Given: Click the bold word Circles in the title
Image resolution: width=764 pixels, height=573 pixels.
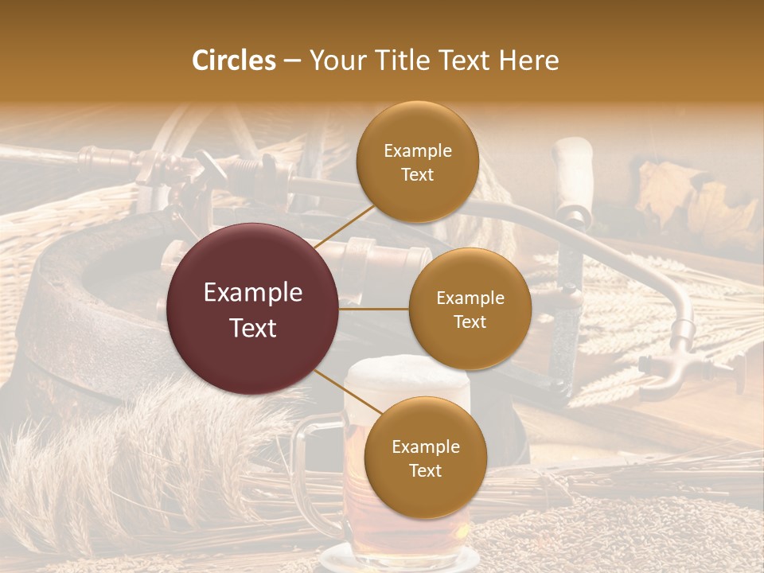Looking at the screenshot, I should point(234,60).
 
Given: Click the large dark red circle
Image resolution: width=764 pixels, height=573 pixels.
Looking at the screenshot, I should point(253,310).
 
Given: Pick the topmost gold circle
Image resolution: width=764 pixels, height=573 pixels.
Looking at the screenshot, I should point(417,162).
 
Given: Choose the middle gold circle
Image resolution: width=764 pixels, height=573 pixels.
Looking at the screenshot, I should point(470,310).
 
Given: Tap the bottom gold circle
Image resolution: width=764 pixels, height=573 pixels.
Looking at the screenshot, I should point(425,458).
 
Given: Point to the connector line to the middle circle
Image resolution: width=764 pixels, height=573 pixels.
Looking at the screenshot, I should point(374,309).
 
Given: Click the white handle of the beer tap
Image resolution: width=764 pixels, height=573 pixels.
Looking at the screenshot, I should point(574,171).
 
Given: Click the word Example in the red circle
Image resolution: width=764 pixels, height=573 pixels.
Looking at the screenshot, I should point(253,293).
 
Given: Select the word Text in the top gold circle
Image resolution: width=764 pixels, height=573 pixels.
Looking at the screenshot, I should point(417,175).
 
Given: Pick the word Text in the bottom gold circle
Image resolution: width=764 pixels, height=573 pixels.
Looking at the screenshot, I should point(425,470).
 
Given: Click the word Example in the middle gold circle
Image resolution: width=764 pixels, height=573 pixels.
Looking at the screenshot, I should point(470,298).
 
